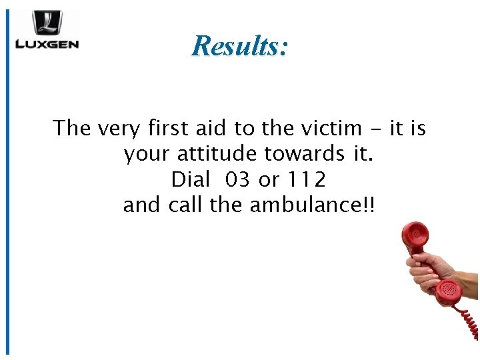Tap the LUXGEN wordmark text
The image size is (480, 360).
47,45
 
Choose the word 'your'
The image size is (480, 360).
146,154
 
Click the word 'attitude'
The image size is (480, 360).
218,154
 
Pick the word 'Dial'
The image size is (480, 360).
191,179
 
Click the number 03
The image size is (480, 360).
238,179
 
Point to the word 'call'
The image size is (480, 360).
186,205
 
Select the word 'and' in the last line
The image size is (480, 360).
141,205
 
